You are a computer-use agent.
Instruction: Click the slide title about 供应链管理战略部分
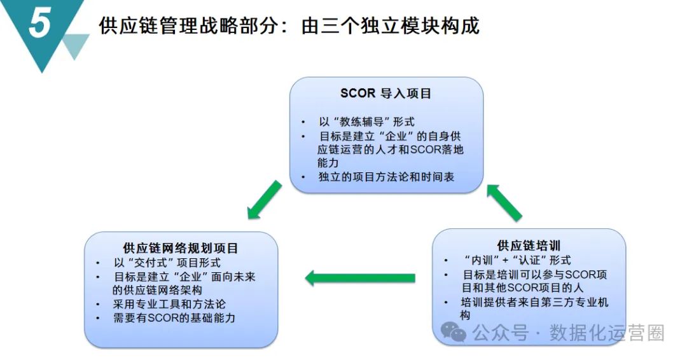pos(289,26)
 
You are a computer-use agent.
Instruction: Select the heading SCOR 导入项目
pos(385,93)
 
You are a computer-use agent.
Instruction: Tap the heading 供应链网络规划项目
pos(181,247)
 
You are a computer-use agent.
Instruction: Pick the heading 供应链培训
pos(529,245)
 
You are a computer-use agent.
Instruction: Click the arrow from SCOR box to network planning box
pos(265,200)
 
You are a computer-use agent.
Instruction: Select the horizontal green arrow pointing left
pos(360,278)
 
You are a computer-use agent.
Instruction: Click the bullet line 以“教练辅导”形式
pos(366,121)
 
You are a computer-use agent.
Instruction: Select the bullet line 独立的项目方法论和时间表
pos(385,177)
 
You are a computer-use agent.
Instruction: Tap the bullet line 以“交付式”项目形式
pos(167,263)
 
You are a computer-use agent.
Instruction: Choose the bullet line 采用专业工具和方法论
pos(169,304)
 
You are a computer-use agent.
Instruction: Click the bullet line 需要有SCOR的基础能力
pos(174,318)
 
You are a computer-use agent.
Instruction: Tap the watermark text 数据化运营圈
pos(607,333)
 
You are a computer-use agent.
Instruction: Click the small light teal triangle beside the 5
pos(76,45)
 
